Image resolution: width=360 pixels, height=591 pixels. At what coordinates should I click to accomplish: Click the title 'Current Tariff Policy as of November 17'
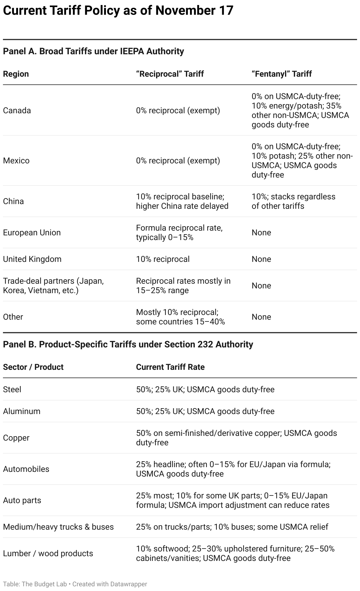(x=118, y=11)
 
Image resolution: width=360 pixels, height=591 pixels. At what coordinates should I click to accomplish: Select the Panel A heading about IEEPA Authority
(x=93, y=51)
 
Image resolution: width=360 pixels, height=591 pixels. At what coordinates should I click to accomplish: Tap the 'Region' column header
(x=16, y=74)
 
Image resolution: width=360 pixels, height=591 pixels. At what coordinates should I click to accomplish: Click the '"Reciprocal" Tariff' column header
(x=170, y=74)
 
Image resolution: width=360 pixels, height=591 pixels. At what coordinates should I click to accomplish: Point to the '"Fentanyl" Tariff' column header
(x=282, y=74)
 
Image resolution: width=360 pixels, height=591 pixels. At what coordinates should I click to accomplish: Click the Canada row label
(x=17, y=111)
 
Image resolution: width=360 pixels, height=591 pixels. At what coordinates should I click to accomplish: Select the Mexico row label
(x=16, y=161)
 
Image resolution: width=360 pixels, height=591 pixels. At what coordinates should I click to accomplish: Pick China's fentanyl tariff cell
(x=293, y=201)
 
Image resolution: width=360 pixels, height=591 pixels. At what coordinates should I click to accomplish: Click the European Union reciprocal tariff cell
(x=179, y=233)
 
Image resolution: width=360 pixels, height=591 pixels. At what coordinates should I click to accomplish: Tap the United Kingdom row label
(x=32, y=259)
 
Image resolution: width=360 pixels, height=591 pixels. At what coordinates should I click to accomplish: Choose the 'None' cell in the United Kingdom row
(x=261, y=259)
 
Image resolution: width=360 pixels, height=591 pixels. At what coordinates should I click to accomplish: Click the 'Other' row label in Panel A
(x=13, y=317)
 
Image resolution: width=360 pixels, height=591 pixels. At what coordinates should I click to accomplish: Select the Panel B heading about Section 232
(x=128, y=344)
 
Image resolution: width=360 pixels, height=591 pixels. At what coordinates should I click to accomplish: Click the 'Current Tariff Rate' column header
(x=170, y=367)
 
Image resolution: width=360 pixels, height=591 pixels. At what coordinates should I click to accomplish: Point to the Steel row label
(x=12, y=390)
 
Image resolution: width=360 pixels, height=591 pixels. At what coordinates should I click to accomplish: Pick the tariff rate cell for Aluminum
(x=205, y=411)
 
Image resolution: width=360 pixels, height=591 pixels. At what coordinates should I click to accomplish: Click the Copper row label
(x=16, y=438)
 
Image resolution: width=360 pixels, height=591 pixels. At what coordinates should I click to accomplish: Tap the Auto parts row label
(x=22, y=500)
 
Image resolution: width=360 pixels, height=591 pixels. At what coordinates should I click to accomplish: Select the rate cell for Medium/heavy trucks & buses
(x=232, y=527)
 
